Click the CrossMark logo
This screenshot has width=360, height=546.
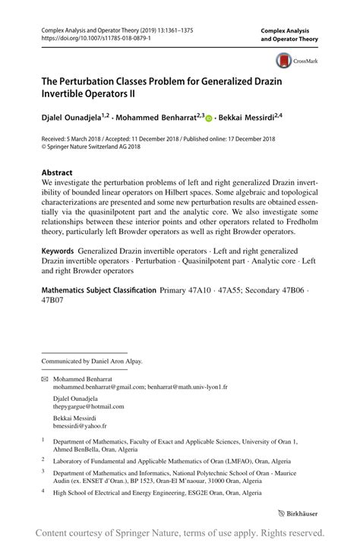295,62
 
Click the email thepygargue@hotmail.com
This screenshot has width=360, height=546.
87,406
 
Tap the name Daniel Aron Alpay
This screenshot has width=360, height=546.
116,361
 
